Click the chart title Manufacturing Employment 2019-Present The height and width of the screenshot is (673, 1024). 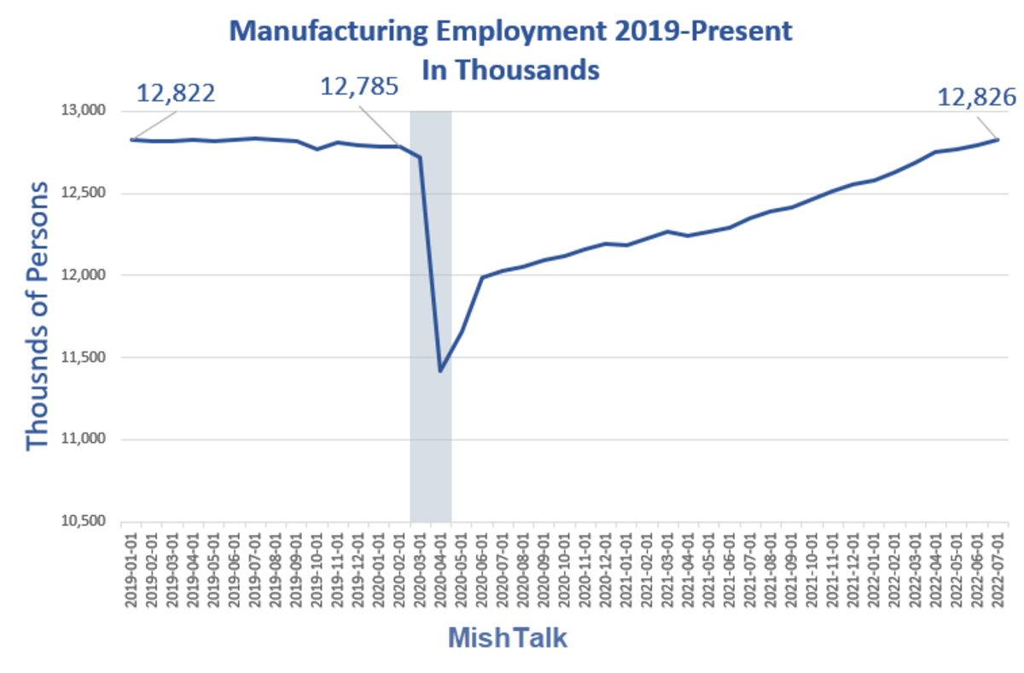point(511,32)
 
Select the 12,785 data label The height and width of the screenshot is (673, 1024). point(359,86)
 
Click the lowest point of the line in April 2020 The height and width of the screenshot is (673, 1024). point(440,371)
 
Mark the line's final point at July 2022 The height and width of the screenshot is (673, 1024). point(996,139)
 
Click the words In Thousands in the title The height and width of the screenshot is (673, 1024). point(511,69)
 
